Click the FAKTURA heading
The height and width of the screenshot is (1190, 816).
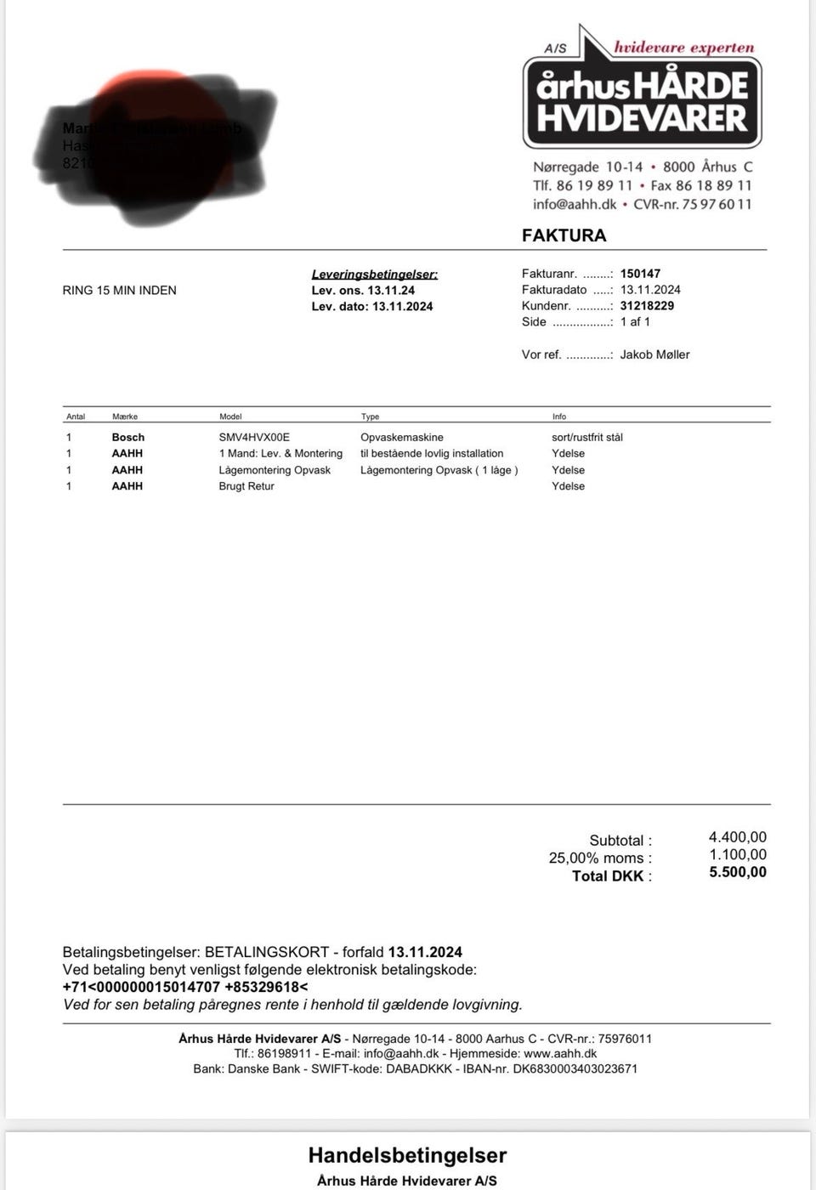[x=564, y=235]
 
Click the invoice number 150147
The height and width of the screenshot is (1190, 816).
[x=640, y=274]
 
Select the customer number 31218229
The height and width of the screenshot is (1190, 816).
[x=647, y=306]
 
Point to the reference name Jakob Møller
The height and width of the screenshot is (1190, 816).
[x=654, y=354]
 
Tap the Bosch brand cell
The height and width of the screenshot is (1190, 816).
[x=128, y=437]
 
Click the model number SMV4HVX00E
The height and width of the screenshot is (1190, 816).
[x=254, y=437]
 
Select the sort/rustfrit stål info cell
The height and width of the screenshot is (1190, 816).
[x=587, y=437]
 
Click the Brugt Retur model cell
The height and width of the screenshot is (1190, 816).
[x=246, y=486]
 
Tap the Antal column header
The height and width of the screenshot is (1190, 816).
[x=76, y=416]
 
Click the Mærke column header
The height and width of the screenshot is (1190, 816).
[x=125, y=416]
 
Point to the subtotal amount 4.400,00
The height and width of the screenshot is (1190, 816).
[x=738, y=837]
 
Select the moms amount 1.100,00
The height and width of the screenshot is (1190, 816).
[x=738, y=854]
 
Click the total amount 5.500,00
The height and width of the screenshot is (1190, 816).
[x=738, y=872]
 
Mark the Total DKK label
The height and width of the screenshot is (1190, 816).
[x=612, y=876]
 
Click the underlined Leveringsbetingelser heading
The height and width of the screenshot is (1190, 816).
[x=375, y=275]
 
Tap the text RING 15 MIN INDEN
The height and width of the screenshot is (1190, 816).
[x=120, y=291]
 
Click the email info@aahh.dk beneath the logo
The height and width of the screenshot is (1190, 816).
[x=575, y=204]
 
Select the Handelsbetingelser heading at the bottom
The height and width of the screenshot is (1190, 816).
[x=407, y=1155]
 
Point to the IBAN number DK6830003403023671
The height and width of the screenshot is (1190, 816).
[x=575, y=1068]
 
